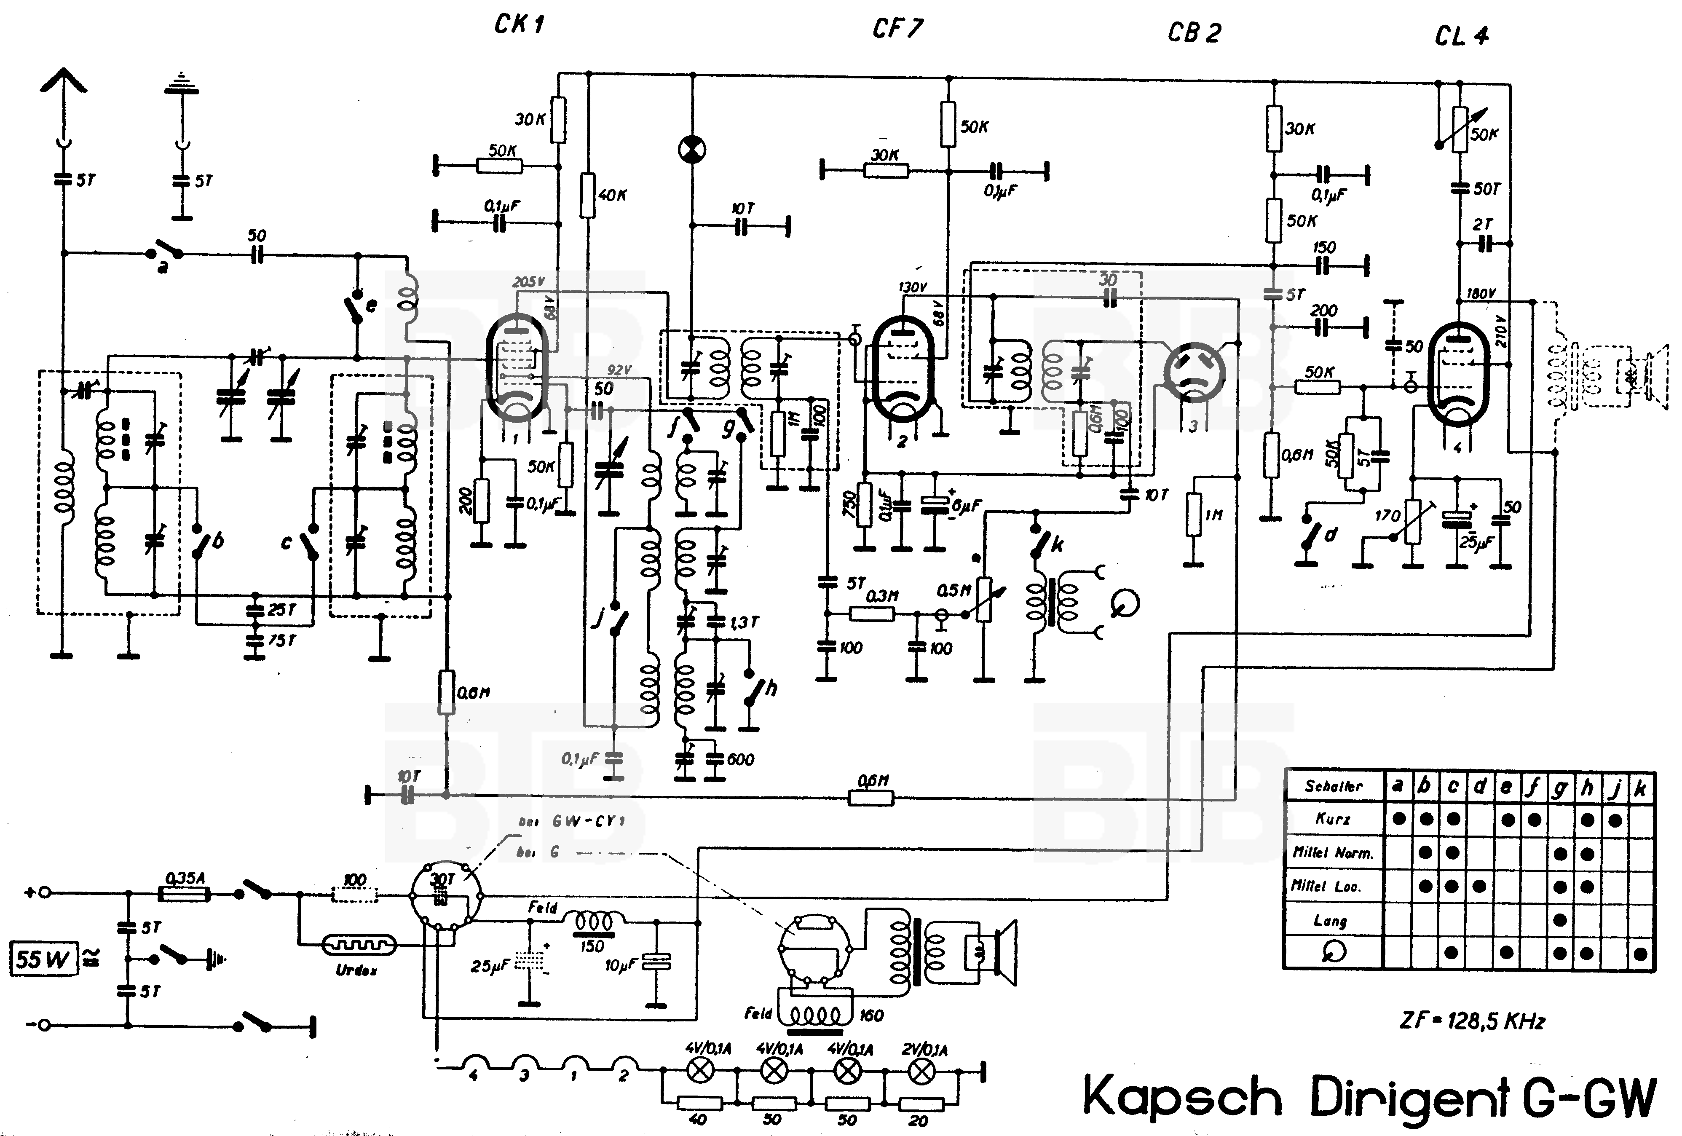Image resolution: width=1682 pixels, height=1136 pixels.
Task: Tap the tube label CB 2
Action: coord(1194,32)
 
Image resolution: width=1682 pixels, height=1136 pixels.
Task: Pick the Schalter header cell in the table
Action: coord(1333,786)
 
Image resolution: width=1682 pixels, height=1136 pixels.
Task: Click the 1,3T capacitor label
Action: coord(744,622)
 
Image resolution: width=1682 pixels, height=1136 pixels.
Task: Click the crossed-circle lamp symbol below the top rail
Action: coord(692,149)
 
